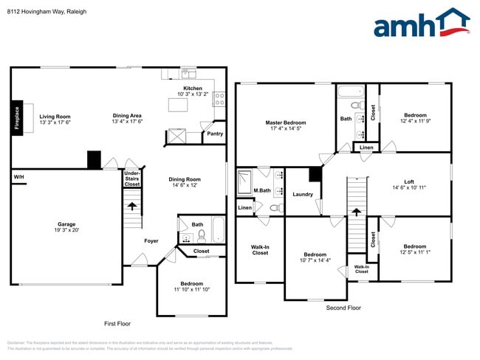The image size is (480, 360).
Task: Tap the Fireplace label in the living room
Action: [17, 118]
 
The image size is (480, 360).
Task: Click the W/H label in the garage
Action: [18, 178]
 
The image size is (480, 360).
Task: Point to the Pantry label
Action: [214, 134]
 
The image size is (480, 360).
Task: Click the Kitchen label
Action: [193, 89]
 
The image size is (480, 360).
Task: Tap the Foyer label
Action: [151, 240]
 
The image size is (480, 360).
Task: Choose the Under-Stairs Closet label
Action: [131, 180]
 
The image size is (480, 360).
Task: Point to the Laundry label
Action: [303, 195]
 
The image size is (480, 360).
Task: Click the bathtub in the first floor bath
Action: [219, 231]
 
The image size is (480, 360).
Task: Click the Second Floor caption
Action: [343, 307]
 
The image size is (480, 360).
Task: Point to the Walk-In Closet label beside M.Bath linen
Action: [260, 250]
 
